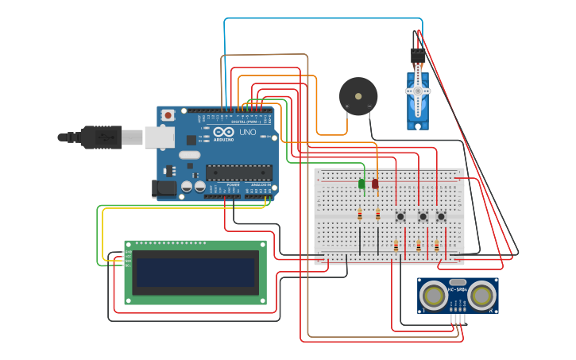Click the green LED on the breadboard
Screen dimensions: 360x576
(361, 184)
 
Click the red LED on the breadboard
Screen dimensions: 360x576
(375, 184)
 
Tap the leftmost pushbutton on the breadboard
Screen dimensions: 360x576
(401, 215)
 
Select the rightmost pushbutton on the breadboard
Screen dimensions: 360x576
(441, 215)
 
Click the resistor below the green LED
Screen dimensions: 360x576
(360, 214)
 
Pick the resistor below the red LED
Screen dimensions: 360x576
(377, 214)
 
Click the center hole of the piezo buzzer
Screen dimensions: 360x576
(358, 96)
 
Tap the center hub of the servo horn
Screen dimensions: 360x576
(418, 91)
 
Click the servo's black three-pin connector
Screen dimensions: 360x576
(417, 56)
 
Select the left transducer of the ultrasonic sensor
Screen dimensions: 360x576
(433, 296)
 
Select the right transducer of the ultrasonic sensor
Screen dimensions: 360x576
(481, 296)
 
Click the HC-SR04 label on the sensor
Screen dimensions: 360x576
(458, 290)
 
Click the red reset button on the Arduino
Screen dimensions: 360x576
(168, 115)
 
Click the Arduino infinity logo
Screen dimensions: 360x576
(224, 132)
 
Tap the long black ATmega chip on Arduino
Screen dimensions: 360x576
(238, 172)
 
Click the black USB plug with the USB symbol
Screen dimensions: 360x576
(100, 137)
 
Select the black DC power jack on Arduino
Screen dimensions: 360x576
(163, 188)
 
